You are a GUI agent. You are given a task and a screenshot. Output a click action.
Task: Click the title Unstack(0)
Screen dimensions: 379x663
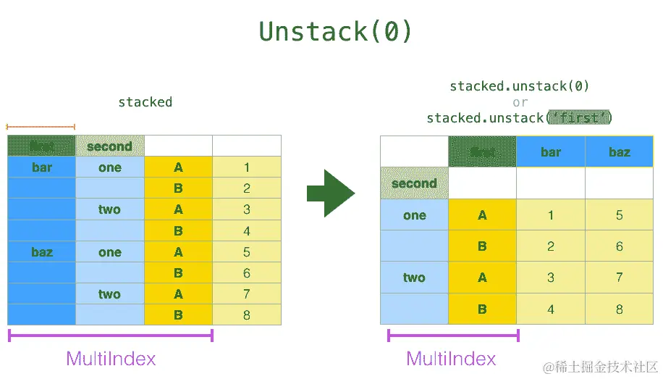click(x=335, y=31)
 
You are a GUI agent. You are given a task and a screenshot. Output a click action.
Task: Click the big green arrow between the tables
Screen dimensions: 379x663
click(x=331, y=193)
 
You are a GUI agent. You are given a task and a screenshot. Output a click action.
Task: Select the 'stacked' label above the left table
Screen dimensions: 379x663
click(x=145, y=102)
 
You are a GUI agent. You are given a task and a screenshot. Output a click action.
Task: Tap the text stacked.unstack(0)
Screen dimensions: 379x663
click(x=519, y=86)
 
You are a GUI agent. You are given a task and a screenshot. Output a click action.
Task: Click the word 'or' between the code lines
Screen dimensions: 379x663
click(x=520, y=102)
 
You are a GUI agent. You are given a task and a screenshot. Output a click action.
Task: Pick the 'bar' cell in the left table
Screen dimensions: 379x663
click(x=42, y=167)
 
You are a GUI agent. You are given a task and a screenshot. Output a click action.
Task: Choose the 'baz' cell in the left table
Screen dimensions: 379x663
click(x=42, y=252)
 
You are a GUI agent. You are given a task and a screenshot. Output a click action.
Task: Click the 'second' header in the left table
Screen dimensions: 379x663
click(x=109, y=146)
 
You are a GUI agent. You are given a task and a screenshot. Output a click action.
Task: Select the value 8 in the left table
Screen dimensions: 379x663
click(x=247, y=315)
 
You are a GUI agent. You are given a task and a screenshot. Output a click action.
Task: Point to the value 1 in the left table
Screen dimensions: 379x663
click(x=247, y=167)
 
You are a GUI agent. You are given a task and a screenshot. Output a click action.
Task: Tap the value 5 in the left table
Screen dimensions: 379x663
click(x=247, y=252)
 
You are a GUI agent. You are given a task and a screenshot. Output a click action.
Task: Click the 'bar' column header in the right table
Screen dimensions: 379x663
click(x=551, y=152)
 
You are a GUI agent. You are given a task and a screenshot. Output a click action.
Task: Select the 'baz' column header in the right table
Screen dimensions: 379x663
click(x=620, y=152)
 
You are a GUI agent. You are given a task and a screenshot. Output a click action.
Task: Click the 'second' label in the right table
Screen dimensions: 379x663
click(x=414, y=183)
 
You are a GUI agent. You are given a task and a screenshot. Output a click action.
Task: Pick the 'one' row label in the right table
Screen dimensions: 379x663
click(x=414, y=215)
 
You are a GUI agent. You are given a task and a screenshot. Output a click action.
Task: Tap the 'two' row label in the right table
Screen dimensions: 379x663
click(x=414, y=278)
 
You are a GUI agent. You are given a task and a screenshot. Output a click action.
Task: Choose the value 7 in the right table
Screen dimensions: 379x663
click(x=620, y=278)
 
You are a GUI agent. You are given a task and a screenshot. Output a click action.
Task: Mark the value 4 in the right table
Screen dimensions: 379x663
click(x=551, y=309)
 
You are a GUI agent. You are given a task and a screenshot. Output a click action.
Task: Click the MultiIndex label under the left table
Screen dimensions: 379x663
click(x=111, y=358)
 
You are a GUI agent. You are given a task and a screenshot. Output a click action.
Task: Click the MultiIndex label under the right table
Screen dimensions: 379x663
click(x=451, y=358)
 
